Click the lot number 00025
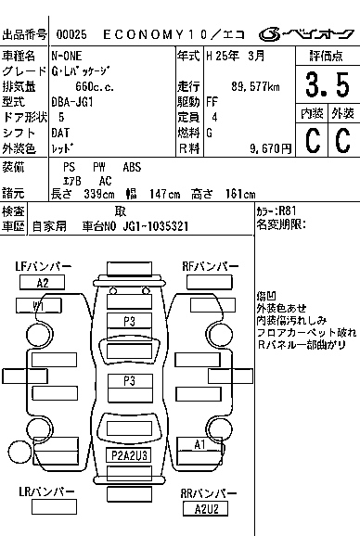click(x=68, y=34)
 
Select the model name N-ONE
click(x=68, y=57)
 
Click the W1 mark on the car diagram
click(x=39, y=306)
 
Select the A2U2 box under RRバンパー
click(x=206, y=508)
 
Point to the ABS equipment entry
click(x=133, y=166)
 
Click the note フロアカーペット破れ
click(x=306, y=331)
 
